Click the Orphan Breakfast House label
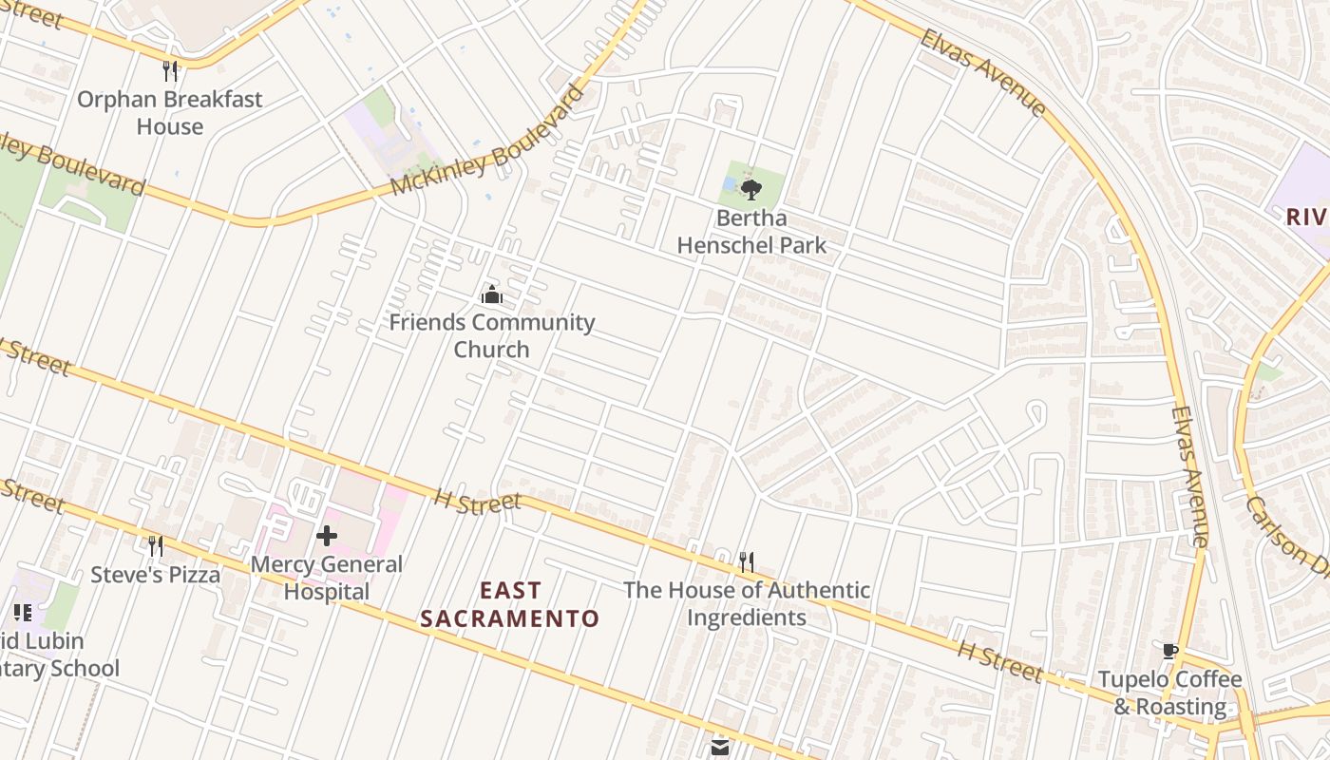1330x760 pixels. tap(169, 112)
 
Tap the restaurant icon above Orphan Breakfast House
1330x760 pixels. tap(170, 70)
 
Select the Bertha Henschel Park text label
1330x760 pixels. tap(750, 231)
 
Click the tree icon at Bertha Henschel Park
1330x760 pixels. tap(750, 189)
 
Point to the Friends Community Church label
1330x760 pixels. tap(491, 335)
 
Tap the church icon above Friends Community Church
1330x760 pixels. tap(491, 294)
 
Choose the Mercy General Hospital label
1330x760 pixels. tap(326, 578)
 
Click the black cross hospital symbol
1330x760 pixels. tap(326, 536)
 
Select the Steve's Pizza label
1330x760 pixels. tap(155, 575)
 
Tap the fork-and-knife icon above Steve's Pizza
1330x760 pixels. tap(155, 545)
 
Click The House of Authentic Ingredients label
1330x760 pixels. tap(746, 603)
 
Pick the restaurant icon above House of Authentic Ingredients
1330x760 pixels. tap(747, 561)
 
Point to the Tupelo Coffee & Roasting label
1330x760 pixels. tap(1169, 693)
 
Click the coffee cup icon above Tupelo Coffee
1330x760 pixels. tap(1169, 651)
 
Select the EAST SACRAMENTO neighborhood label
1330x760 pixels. tap(510, 604)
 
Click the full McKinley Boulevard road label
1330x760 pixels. tap(486, 142)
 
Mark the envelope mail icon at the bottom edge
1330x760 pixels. tap(719, 748)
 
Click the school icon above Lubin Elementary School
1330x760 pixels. tap(23, 613)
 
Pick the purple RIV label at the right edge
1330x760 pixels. tap(1306, 217)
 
